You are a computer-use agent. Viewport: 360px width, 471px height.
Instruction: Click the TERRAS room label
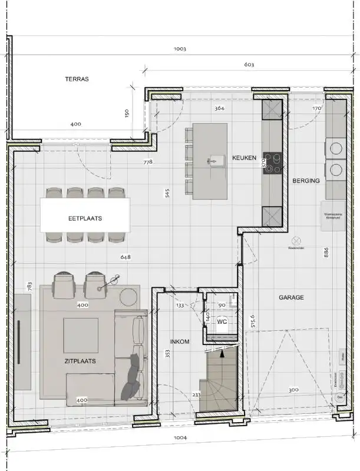tap(77, 78)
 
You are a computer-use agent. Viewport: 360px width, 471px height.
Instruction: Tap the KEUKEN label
tap(244, 158)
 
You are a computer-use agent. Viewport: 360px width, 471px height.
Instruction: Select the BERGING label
tap(306, 181)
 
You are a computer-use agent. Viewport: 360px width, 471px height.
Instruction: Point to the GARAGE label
tap(291, 298)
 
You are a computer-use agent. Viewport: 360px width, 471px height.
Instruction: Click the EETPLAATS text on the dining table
tap(85, 218)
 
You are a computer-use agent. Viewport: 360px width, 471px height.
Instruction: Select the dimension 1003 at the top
tap(180, 49)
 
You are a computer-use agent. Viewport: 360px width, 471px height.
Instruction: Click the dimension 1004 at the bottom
tap(180, 438)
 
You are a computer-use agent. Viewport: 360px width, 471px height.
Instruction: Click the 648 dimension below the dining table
tap(125, 257)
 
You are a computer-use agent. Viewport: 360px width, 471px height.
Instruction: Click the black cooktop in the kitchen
tap(272, 164)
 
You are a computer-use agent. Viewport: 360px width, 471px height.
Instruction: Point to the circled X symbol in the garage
tap(296, 240)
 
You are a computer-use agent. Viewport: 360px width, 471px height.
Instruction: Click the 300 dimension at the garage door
tap(293, 389)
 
